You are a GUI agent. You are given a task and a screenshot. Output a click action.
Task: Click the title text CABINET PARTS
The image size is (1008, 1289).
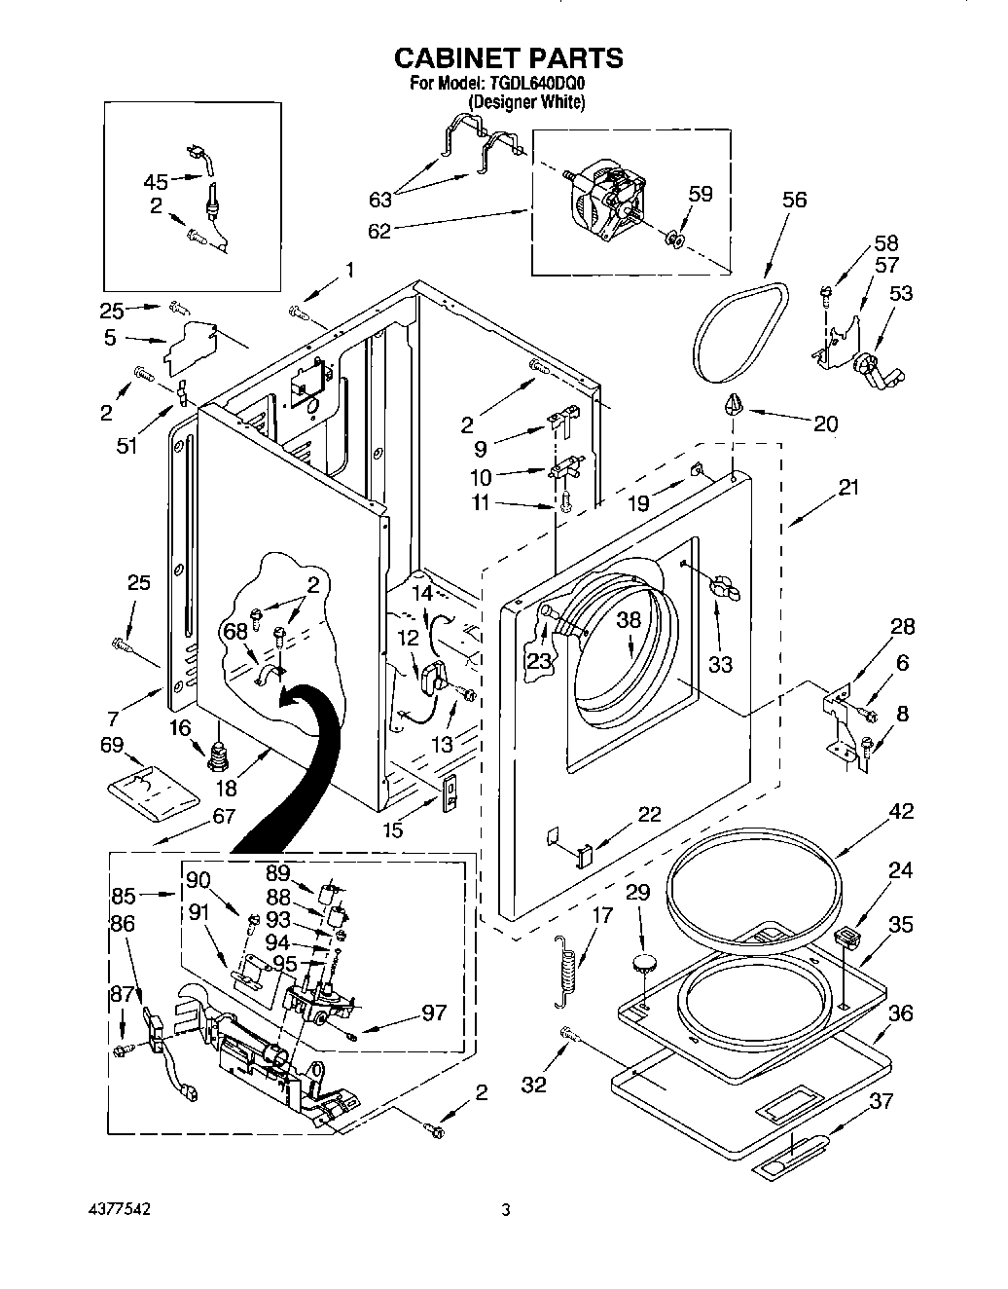click(x=508, y=58)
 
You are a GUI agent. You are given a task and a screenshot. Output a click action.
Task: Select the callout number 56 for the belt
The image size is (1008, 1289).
click(x=794, y=200)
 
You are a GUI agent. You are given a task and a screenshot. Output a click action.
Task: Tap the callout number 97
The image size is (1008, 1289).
click(x=434, y=1013)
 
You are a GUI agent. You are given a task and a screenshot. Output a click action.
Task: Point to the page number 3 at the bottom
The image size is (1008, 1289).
click(x=505, y=1211)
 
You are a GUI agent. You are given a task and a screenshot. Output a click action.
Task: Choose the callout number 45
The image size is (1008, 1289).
click(x=156, y=181)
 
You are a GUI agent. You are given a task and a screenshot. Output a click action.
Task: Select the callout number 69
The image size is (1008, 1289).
click(x=113, y=745)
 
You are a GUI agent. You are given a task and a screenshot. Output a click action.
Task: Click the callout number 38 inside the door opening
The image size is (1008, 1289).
click(x=630, y=619)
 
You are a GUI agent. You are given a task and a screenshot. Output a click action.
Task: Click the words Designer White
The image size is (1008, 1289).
click(x=526, y=101)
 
